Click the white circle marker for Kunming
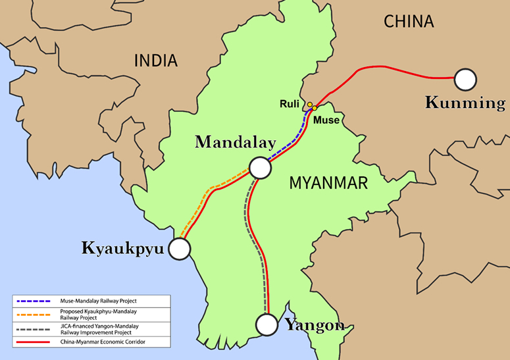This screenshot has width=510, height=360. tap(466, 79)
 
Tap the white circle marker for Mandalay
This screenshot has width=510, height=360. tap(260, 168)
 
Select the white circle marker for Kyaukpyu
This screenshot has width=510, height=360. tap(179, 249)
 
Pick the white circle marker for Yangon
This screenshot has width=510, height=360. tap(267, 324)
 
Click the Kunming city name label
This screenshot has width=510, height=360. tap(465, 103)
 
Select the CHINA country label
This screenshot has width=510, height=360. tap(409, 22)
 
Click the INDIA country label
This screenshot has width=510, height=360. tap(156, 61)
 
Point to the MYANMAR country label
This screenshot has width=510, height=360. tap(328, 184)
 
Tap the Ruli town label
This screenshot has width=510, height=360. tap(290, 103)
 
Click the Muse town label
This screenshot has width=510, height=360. tap(327, 120)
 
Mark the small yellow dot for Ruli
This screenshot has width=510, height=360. tap(309, 104)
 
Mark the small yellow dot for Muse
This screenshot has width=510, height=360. tap(315, 108)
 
